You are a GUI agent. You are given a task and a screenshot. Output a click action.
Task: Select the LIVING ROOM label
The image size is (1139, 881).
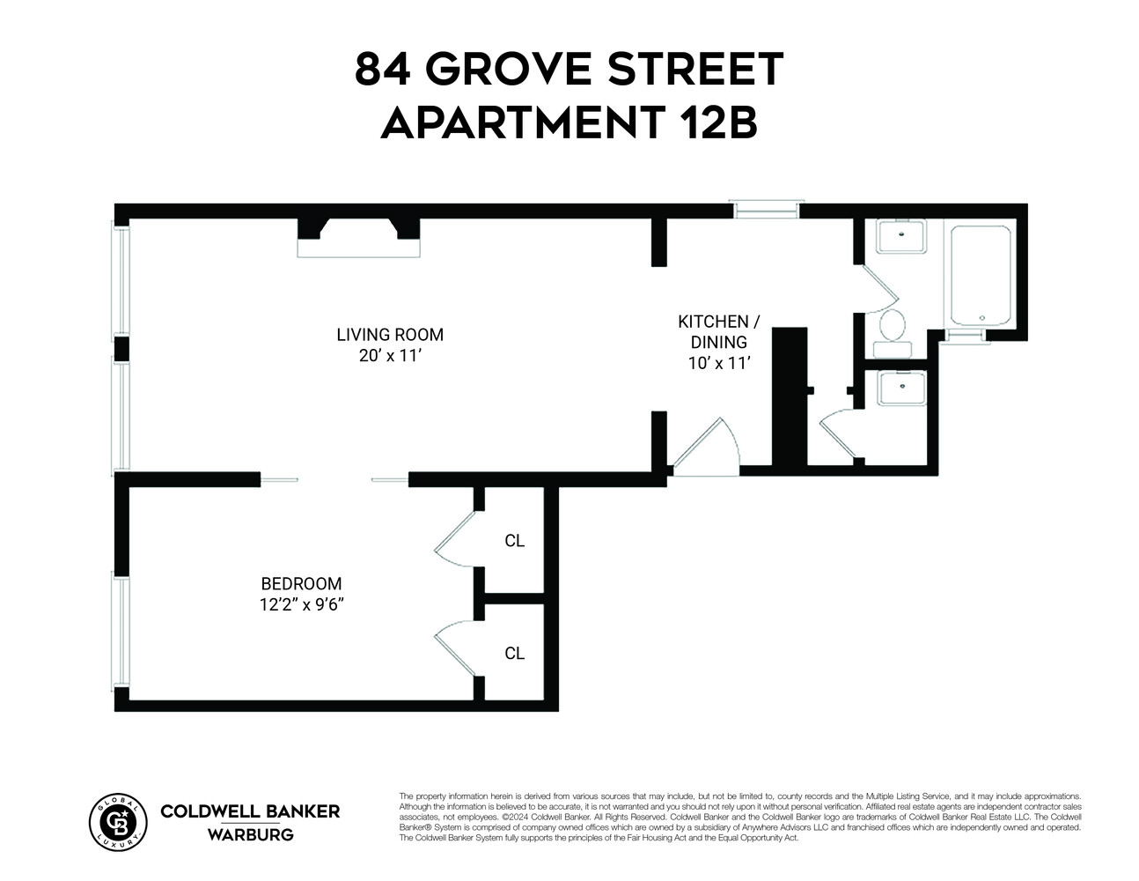tap(390, 335)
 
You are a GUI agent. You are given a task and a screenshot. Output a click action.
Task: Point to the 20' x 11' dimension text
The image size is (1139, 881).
tap(390, 356)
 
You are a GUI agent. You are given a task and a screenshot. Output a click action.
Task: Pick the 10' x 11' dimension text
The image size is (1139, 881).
tap(717, 363)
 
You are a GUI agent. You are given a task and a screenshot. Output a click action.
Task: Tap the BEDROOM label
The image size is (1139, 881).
tap(301, 583)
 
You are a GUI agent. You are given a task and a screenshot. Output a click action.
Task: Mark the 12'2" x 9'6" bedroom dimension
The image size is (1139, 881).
tap(301, 604)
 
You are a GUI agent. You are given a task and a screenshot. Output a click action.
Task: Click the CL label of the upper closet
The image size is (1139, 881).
tap(514, 541)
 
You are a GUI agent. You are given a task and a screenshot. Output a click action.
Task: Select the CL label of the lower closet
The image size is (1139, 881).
tap(514, 654)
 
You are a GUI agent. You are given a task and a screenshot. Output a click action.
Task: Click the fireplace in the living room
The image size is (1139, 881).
tap(358, 238)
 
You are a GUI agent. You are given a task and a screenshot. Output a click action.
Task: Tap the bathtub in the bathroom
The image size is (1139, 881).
tap(979, 275)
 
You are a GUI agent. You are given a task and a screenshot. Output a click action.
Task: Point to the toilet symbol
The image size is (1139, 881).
tap(893, 330)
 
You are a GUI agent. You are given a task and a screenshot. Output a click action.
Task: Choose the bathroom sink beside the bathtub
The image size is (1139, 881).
tap(900, 236)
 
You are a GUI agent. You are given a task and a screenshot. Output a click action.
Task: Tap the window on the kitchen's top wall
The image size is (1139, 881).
tap(767, 209)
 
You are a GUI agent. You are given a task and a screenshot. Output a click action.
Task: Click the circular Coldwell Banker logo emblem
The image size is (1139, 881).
tap(118, 821)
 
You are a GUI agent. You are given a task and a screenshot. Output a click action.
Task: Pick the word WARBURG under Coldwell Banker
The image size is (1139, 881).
tap(250, 834)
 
